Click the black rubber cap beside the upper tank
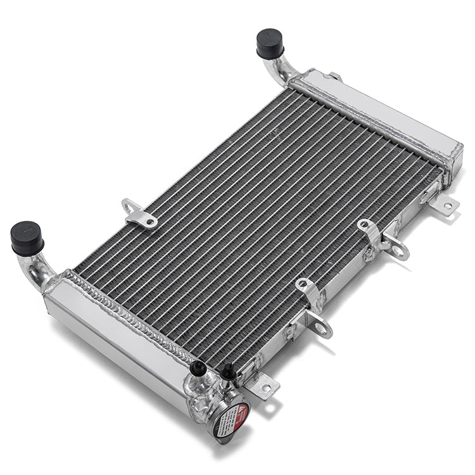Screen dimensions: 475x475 coord(270,44)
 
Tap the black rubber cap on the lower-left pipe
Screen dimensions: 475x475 coord(27,237)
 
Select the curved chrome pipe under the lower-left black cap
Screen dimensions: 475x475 coord(37,269)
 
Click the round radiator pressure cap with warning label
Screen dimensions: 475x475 coord(229,411)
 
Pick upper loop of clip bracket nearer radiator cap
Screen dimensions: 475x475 coord(303,285)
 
